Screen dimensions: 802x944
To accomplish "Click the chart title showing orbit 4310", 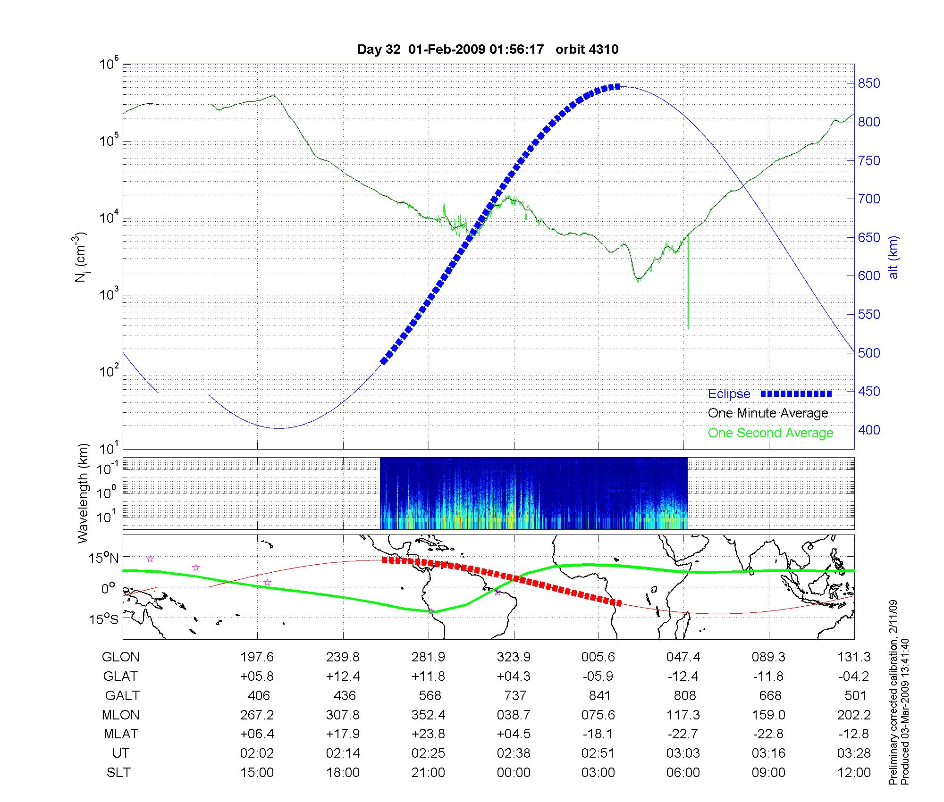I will pyautogui.click(x=488, y=50).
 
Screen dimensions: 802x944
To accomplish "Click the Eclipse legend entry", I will pyautogui.click(x=729, y=394).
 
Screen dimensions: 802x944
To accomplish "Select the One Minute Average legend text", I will pyautogui.click(x=768, y=413).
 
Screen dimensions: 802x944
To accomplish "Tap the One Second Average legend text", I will pyautogui.click(x=770, y=433).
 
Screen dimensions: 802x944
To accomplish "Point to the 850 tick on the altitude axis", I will pyautogui.click(x=868, y=84).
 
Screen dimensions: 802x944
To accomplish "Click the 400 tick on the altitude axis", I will pyautogui.click(x=868, y=430).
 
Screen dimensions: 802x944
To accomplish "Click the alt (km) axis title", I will pyautogui.click(x=893, y=257).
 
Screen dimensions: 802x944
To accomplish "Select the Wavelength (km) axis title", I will pyautogui.click(x=84, y=493).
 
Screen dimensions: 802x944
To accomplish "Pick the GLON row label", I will pyautogui.click(x=121, y=657).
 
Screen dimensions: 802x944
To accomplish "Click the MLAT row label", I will pyautogui.click(x=121, y=734).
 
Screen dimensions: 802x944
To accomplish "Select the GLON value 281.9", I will pyautogui.click(x=429, y=657).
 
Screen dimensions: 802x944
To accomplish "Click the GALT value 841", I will pyautogui.click(x=599, y=696).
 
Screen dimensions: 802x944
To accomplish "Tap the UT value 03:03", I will pyautogui.click(x=683, y=753).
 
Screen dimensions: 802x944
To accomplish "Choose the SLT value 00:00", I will pyautogui.click(x=514, y=773).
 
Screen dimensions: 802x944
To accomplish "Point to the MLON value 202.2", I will pyautogui.click(x=854, y=715).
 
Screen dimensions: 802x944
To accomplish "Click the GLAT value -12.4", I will pyautogui.click(x=683, y=677).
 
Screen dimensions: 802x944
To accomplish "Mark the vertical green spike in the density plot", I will pyautogui.click(x=688, y=283).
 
